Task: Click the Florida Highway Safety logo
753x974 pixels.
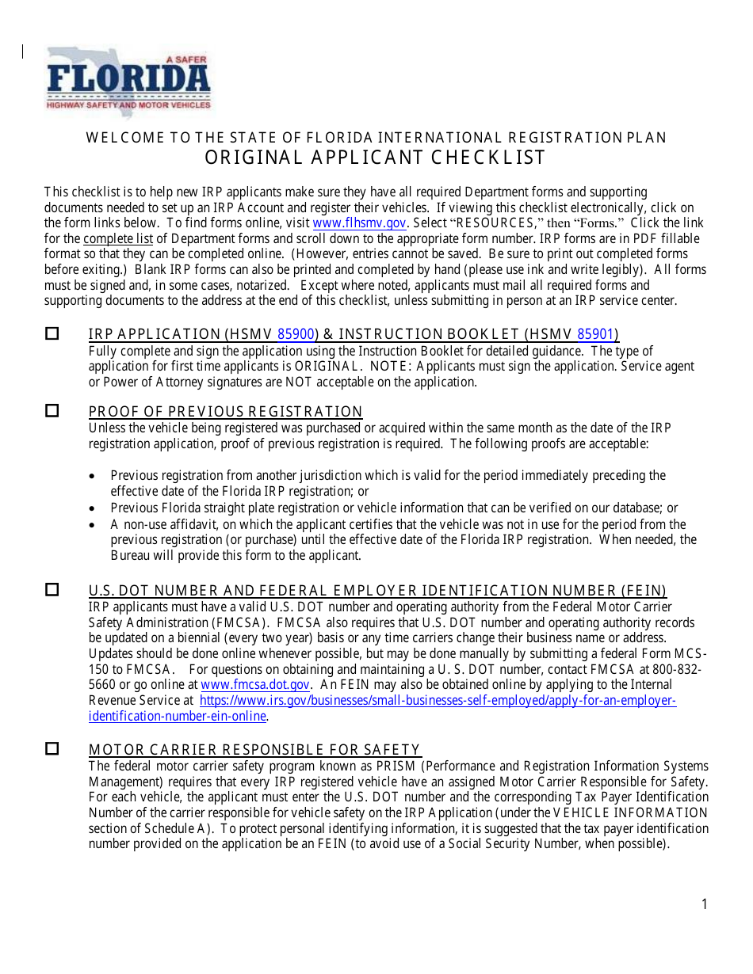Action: tap(128, 82)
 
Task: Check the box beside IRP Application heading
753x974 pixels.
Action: tap(52, 334)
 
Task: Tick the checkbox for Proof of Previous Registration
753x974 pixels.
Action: tap(52, 411)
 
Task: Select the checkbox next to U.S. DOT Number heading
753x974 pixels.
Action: tap(52, 590)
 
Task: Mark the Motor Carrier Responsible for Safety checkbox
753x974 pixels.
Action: tap(52, 749)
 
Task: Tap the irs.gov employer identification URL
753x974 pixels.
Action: tap(438, 701)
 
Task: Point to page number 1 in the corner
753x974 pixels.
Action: tap(704, 904)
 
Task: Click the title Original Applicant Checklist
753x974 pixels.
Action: tap(376, 158)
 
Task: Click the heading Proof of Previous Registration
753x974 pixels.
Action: tap(225, 412)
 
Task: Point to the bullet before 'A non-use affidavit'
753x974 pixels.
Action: tap(94, 525)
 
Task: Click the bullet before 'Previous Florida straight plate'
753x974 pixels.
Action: tap(94, 508)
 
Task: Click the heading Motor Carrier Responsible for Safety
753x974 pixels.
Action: tap(254, 750)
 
